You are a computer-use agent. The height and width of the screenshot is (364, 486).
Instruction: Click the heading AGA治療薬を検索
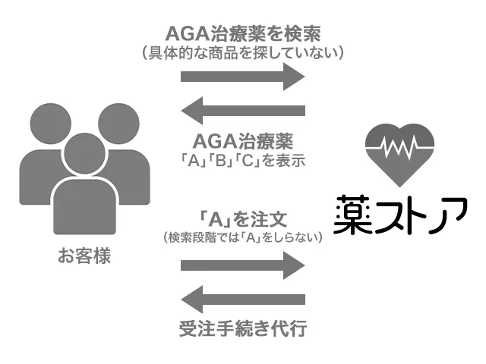click(x=243, y=34)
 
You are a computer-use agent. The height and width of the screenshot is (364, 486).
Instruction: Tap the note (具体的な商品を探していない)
click(x=243, y=53)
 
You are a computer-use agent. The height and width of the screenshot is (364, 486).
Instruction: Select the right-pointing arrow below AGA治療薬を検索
click(x=243, y=77)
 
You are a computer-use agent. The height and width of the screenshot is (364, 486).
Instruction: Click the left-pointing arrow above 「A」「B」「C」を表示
click(x=243, y=111)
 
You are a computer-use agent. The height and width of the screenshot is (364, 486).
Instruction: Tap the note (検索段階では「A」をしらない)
click(x=243, y=237)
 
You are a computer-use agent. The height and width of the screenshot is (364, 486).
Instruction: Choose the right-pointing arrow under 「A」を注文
click(x=243, y=265)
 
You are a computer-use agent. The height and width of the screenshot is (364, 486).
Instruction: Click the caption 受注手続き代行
click(x=243, y=330)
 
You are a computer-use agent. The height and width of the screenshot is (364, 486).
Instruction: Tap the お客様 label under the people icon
click(x=84, y=256)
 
